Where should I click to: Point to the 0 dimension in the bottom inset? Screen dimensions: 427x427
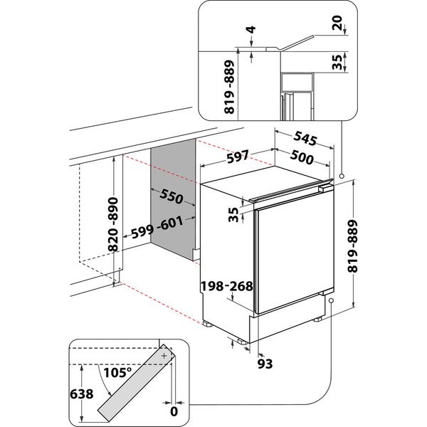[x=172, y=411]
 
